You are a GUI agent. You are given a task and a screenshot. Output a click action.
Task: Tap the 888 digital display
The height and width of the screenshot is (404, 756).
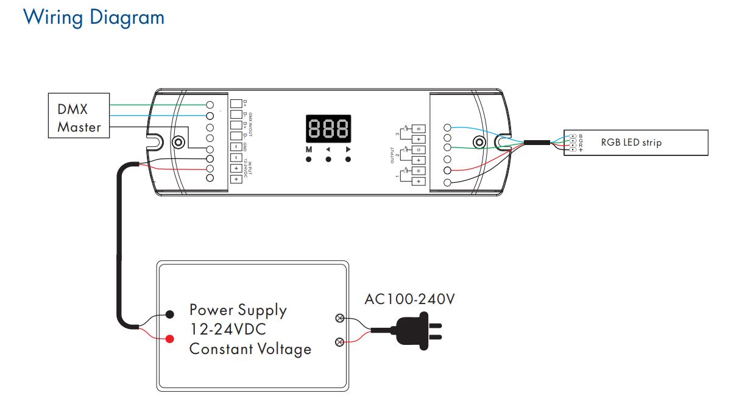tap(328, 129)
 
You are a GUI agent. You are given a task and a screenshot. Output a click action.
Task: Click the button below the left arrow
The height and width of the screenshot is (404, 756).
tap(328, 160)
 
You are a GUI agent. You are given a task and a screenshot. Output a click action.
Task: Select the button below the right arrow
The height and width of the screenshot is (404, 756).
tap(348, 160)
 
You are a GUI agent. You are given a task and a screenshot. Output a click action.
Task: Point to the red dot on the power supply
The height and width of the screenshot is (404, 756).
tap(170, 338)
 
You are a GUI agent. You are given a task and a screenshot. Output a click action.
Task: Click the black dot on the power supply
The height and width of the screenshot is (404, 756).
tap(170, 314)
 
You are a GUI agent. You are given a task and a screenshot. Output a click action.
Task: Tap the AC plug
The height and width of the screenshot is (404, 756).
tap(417, 330)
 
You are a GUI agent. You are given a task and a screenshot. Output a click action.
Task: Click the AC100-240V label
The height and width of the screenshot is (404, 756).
tap(409, 299)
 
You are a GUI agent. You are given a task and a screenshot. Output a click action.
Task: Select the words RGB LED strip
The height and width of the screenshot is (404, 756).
tap(631, 143)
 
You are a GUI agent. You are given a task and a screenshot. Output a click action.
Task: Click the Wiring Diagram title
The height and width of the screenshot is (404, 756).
tap(94, 17)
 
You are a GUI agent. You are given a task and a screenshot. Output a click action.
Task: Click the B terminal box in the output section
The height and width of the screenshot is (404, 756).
tap(419, 129)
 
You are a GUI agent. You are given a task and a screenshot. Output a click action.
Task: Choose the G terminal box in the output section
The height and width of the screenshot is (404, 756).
tap(419, 150)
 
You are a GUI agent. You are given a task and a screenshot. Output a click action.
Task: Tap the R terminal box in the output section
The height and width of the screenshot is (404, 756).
tap(419, 171)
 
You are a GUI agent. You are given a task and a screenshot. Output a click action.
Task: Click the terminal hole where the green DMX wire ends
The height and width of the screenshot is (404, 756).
tap(210, 105)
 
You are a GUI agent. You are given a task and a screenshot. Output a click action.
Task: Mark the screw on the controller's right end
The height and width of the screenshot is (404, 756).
tap(479, 143)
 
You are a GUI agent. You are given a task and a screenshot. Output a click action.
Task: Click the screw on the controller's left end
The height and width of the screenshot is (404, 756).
tap(178, 143)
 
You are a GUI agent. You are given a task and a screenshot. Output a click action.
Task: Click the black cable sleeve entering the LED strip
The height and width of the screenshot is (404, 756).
tap(539, 143)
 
